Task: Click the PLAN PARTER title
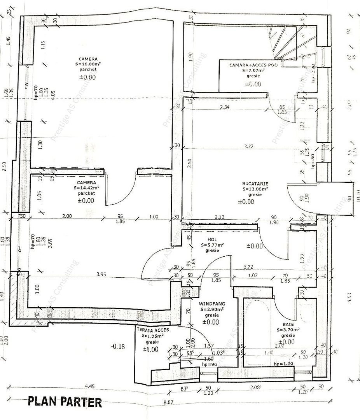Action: [x=65, y=402]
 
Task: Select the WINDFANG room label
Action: [x=212, y=303]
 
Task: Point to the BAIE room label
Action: [x=288, y=324]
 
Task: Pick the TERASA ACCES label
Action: [x=153, y=329]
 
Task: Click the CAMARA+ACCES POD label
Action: [x=253, y=65]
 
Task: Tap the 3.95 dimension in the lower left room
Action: [x=101, y=274]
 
